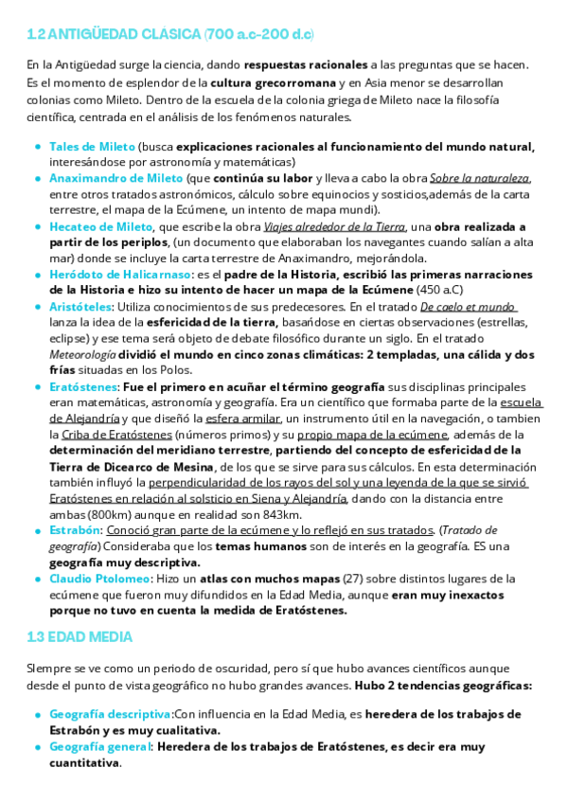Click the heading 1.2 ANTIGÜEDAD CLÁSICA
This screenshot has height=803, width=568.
tap(171, 35)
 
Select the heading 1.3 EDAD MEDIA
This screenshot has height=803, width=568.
tap(80, 637)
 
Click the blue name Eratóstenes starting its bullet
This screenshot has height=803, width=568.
tap(82, 387)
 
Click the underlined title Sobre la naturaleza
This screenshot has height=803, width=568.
tap(479, 178)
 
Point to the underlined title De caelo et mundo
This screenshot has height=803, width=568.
tap(468, 307)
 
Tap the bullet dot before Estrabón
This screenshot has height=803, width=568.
tap(37, 530)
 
